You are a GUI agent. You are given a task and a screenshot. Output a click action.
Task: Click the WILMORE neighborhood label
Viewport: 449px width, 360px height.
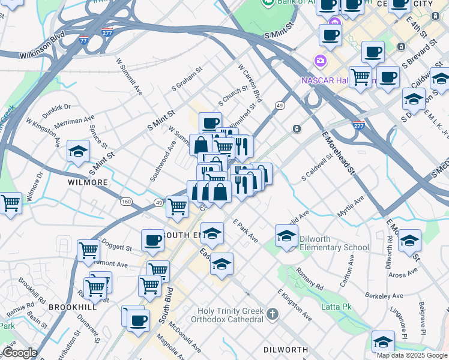(x=88, y=182)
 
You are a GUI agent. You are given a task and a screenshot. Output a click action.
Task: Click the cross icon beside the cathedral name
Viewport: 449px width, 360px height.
(x=273, y=314)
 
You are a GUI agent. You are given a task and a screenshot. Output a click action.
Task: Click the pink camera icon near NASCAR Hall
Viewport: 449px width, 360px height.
(x=320, y=61)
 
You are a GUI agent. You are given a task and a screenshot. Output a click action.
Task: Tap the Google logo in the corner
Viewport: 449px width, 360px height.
(x=20, y=353)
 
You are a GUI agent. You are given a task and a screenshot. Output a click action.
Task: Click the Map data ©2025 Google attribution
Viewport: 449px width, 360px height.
(x=412, y=355)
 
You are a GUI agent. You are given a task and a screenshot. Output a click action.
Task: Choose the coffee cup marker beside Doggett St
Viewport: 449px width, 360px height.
(x=152, y=241)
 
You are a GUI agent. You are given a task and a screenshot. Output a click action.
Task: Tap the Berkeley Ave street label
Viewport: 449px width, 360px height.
(x=384, y=296)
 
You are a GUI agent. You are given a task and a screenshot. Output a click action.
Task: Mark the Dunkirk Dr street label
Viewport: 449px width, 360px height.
(x=56, y=110)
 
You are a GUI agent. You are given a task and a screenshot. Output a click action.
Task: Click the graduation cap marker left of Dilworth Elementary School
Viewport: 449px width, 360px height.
(x=287, y=236)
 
